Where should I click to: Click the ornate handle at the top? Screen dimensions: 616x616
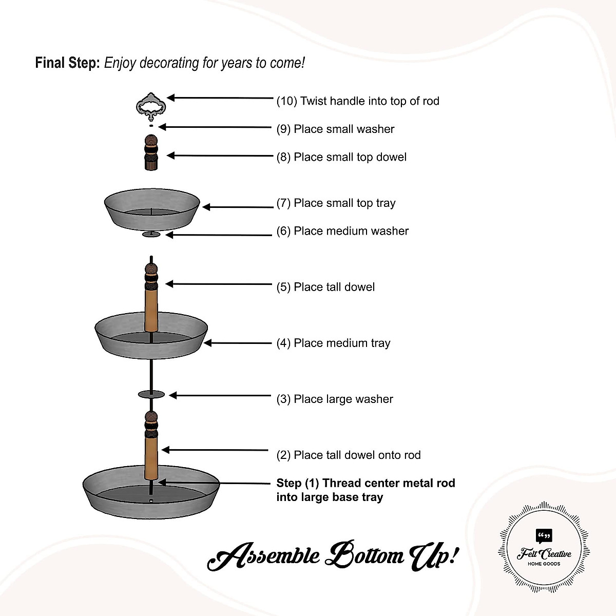[151, 106]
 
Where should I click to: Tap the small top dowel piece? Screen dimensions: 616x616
[150, 152]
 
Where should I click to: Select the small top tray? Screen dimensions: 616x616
[152, 208]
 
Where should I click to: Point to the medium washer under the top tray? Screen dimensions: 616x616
[151, 235]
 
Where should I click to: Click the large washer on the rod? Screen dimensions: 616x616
[151, 394]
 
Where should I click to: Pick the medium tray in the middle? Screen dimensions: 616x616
[151, 338]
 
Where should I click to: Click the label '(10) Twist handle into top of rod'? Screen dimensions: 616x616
[358, 101]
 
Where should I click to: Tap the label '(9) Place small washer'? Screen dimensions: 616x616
[335, 129]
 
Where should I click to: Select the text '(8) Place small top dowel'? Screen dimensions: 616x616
[341, 157]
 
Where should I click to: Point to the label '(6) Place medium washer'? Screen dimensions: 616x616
[342, 231]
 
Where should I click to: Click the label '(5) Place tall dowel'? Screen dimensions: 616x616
[325, 287]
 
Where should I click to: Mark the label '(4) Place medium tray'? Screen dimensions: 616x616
[333, 343]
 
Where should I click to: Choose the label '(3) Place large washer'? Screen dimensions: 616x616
[335, 399]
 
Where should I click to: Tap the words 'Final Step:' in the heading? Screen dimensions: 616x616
[67, 63]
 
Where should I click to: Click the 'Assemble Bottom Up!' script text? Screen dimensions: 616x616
[333, 556]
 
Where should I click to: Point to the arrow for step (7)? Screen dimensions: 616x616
[238, 207]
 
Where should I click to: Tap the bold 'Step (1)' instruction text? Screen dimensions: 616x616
[365, 490]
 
